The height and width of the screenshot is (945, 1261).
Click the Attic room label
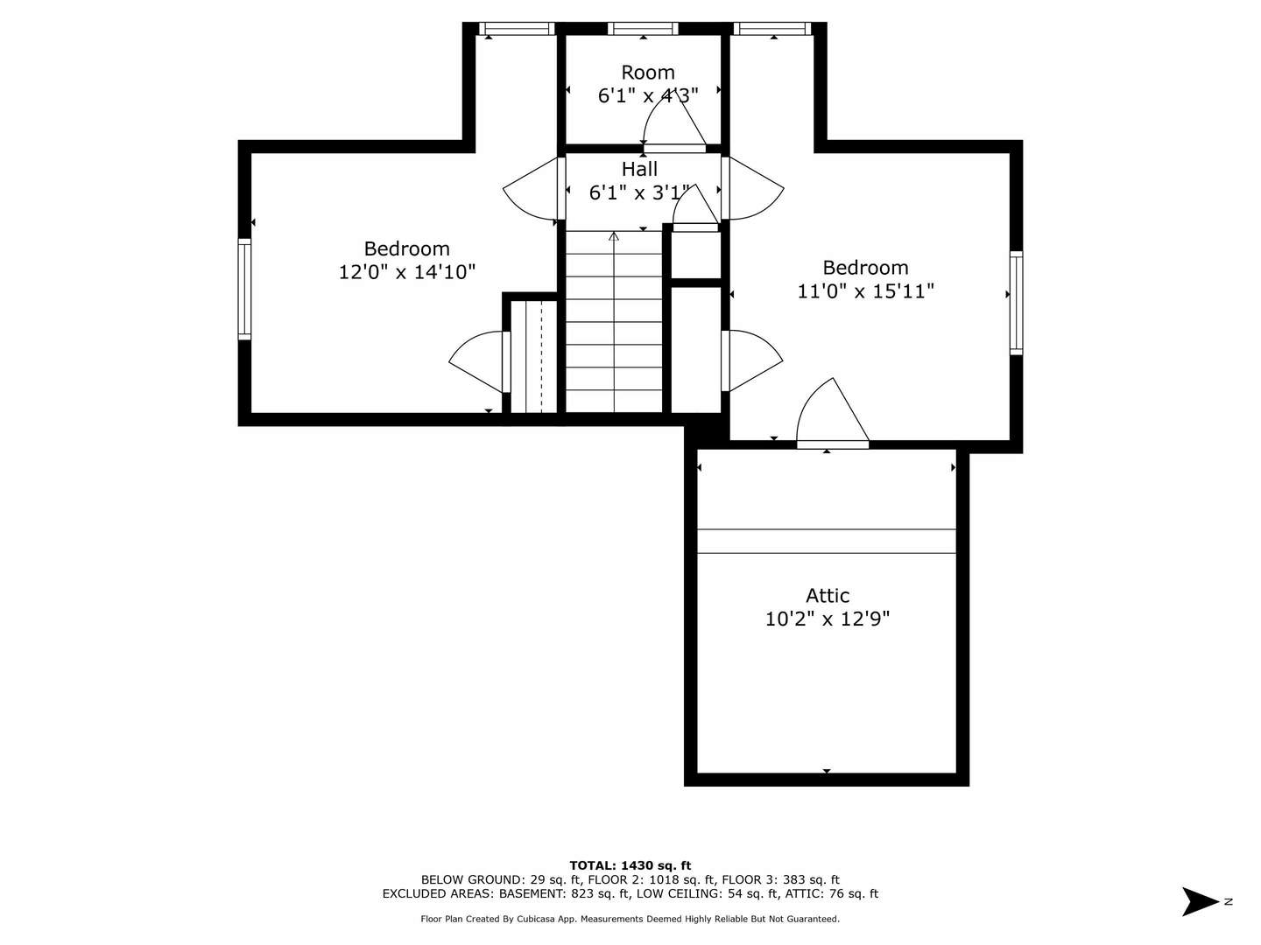tap(828, 596)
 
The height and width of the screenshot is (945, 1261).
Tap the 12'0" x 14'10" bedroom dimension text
tap(407, 272)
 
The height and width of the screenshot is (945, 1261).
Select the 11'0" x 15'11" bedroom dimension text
tap(865, 291)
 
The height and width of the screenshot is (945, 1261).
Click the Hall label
tap(639, 169)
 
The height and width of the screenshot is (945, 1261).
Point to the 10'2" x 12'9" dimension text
tap(828, 619)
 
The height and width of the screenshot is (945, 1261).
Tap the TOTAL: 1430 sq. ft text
tap(630, 865)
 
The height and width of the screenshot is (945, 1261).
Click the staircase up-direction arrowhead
tap(614, 236)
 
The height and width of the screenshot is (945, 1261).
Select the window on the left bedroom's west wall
tap(244, 289)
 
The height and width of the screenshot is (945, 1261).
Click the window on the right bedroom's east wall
tap(1016, 303)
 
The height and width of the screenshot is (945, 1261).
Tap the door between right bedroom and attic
tap(832, 420)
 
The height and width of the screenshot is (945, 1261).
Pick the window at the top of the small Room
tap(643, 29)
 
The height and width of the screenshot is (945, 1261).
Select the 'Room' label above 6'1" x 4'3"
tap(648, 73)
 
